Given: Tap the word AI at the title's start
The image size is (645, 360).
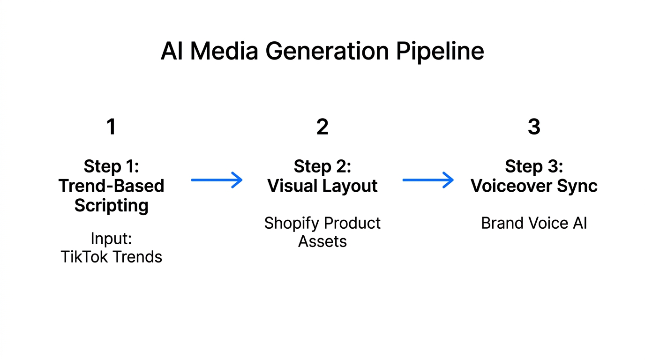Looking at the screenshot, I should point(171,51).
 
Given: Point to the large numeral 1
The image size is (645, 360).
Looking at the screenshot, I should point(111,127).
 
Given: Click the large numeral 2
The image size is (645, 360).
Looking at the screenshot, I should point(322,127).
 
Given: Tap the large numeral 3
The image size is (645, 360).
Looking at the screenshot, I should point(534,127).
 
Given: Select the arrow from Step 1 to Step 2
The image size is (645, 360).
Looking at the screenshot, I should point(217,180).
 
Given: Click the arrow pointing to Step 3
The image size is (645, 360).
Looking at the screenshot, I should point(428,180).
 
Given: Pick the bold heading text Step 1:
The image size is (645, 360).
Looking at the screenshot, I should point(111,166).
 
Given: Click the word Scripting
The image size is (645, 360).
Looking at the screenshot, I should point(111,205).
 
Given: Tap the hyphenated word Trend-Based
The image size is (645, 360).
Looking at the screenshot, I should point(111,186).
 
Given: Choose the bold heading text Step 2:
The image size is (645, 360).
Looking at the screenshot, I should point(322,166).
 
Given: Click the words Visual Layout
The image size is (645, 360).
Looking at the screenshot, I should point(322,186).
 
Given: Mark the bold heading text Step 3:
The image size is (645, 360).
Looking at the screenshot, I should point(534,166).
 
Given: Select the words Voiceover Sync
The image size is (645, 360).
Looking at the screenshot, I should point(534,186).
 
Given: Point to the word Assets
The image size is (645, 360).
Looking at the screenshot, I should point(322,241).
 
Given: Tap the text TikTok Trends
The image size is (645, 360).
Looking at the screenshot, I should point(111,257).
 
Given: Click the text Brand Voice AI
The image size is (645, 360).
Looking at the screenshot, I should point(534,223).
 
